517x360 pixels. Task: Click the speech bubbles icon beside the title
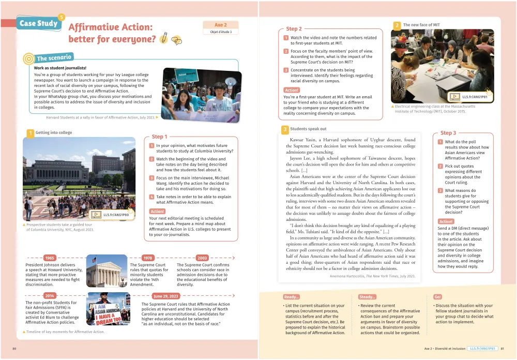pos(176,40)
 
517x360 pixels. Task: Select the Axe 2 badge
pos(221,25)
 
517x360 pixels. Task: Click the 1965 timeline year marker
pos(50,258)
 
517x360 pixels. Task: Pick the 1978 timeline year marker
pos(148,258)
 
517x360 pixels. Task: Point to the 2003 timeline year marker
pos(202,258)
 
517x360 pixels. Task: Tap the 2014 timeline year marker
pos(50,296)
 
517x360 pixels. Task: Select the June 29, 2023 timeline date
pos(166,296)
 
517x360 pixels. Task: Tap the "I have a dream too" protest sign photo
pos(108,309)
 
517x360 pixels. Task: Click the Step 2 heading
pos(294,29)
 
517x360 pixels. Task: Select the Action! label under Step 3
pos(446,221)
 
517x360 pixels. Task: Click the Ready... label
pos(291,297)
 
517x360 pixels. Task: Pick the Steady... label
pos(367,297)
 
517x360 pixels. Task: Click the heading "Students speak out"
pos(308,129)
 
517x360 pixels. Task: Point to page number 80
pos(14,349)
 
